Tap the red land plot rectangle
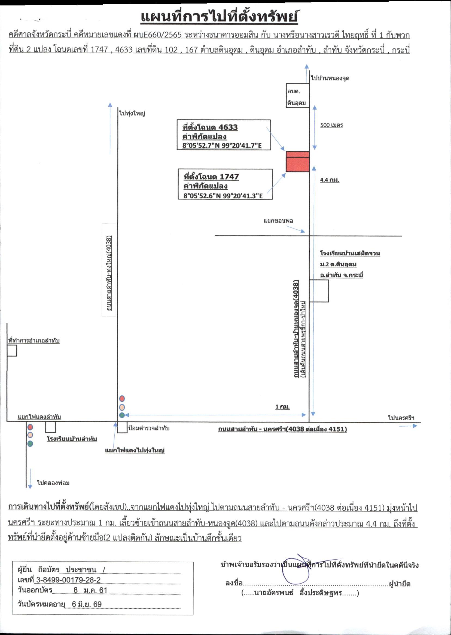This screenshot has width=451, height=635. [x=298, y=161]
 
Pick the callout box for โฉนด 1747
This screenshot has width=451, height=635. [x=225, y=184]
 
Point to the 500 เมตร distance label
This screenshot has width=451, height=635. [x=332, y=125]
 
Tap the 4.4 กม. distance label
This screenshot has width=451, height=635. [x=330, y=180]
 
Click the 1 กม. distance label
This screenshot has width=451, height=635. [x=282, y=407]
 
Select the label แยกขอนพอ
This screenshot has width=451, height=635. [x=278, y=221]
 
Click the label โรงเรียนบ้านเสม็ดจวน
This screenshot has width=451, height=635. [x=350, y=253]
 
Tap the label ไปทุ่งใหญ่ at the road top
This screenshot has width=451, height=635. [x=132, y=113]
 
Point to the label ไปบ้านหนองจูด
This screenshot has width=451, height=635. [x=330, y=78]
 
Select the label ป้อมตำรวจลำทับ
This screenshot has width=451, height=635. [x=149, y=428]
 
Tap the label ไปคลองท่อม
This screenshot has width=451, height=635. [x=53, y=483]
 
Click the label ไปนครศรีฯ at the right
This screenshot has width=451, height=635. [x=401, y=418]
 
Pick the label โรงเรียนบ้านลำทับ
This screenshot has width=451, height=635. [x=72, y=439]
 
